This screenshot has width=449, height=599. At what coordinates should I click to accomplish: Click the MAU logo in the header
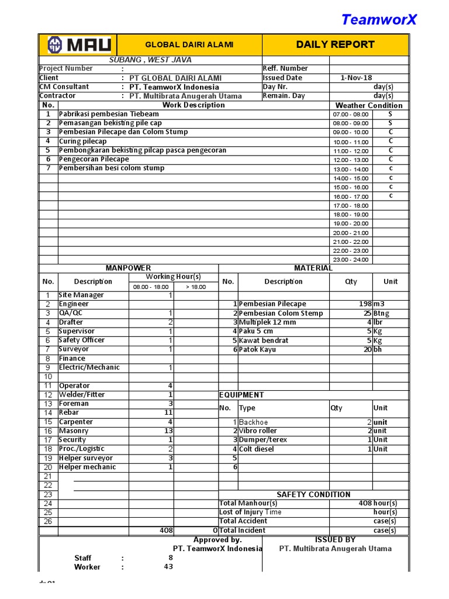click(x=80, y=45)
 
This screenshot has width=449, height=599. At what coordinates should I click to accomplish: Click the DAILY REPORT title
click(x=335, y=44)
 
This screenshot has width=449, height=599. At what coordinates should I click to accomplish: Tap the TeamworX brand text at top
click(x=379, y=20)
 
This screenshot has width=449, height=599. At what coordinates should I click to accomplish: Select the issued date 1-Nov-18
click(x=356, y=78)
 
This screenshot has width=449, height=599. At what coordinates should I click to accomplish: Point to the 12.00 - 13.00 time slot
click(x=351, y=160)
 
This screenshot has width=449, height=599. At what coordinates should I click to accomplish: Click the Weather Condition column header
click(x=368, y=105)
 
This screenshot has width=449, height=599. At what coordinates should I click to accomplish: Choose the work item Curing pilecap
click(x=83, y=142)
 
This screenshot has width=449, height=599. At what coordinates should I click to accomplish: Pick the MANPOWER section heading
click(x=128, y=268)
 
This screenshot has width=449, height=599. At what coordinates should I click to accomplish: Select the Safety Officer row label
click(x=81, y=340)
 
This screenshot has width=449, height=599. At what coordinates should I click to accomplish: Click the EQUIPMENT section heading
click(x=241, y=395)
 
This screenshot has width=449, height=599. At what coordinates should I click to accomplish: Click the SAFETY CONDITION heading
click(x=313, y=494)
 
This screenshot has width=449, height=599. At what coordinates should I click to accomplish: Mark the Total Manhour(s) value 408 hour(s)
click(x=377, y=503)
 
